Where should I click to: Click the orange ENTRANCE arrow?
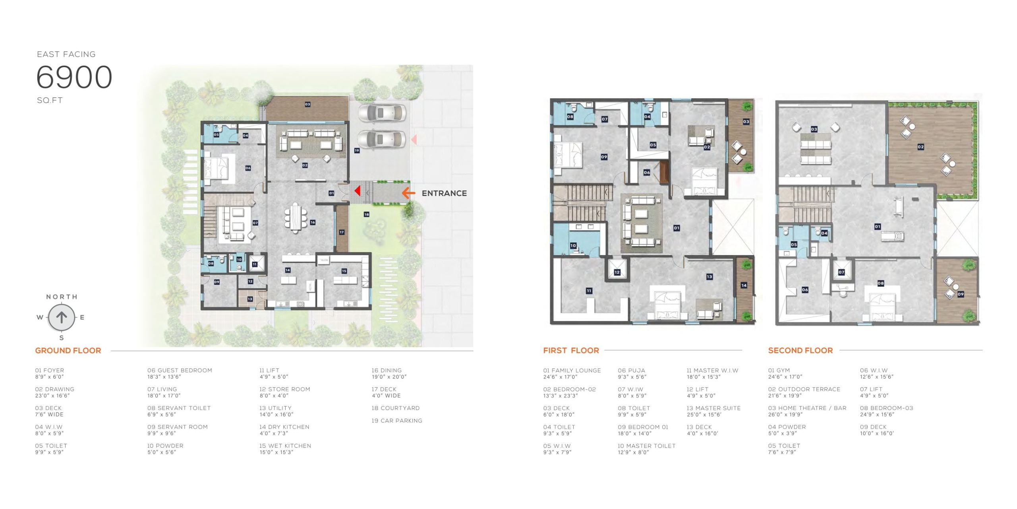[408, 193]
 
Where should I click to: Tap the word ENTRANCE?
[444, 193]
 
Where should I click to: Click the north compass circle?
[62, 317]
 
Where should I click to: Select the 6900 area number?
[74, 77]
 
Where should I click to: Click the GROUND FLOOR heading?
[68, 350]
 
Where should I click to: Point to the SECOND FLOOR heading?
[800, 350]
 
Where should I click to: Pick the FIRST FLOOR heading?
[571, 350]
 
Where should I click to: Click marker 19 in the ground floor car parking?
[357, 151]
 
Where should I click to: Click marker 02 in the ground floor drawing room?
[305, 165]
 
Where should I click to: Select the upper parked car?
[382, 113]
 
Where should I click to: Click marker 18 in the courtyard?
[366, 214]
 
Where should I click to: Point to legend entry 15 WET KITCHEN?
[285, 449]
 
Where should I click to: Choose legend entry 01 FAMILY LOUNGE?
[572, 373]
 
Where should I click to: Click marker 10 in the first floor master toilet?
[573, 246]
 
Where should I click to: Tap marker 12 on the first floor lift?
[617, 272]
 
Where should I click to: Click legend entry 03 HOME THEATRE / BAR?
[807, 411]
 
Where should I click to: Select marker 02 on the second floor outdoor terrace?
[920, 147]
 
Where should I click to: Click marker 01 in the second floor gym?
[878, 227]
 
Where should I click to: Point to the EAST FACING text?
[66, 54]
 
